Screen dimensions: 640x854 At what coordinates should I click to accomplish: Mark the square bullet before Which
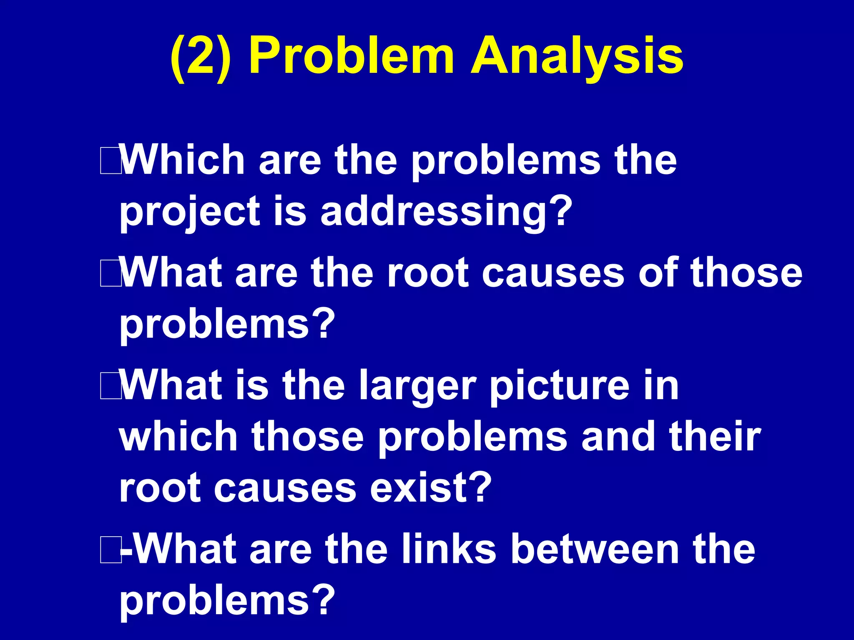coord(110,162)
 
